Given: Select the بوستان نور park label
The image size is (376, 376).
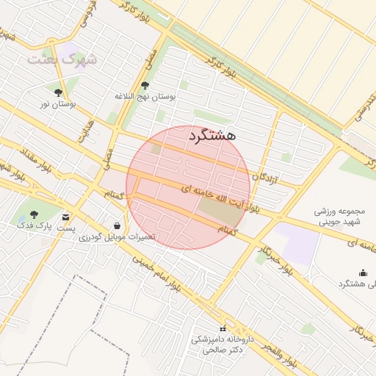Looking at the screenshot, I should (58, 105).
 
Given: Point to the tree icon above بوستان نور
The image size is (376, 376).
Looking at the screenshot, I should (58, 93).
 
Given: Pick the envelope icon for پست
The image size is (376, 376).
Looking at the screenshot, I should (66, 217).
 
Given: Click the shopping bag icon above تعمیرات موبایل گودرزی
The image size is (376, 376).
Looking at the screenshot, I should (118, 225).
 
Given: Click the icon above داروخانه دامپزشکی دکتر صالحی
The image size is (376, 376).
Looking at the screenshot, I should (223, 328).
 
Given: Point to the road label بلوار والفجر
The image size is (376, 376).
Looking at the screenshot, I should (278, 355).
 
